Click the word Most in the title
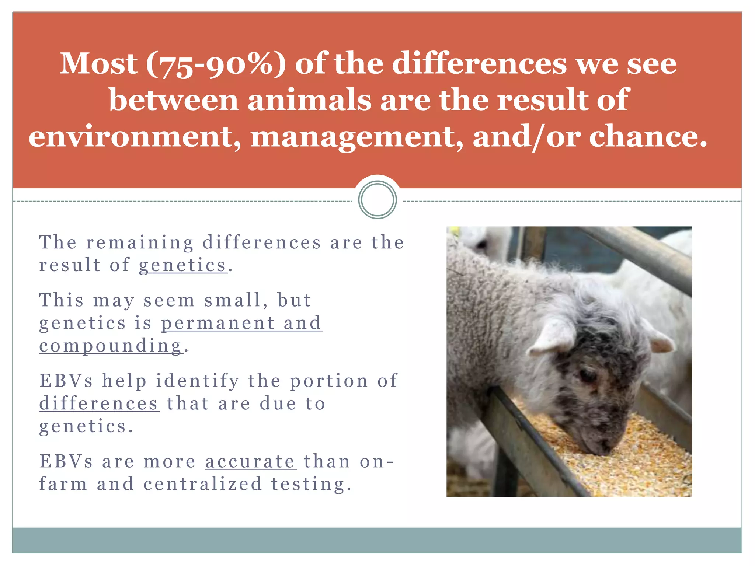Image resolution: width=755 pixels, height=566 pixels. point(98,63)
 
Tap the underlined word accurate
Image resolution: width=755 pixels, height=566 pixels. point(251,461)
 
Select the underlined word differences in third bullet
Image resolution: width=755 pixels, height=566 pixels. point(99,403)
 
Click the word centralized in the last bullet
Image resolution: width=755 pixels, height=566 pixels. point(202,484)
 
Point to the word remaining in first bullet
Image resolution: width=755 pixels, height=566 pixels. point(140,242)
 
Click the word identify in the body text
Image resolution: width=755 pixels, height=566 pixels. point(197,381)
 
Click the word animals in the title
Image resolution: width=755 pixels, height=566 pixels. point(309,100)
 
